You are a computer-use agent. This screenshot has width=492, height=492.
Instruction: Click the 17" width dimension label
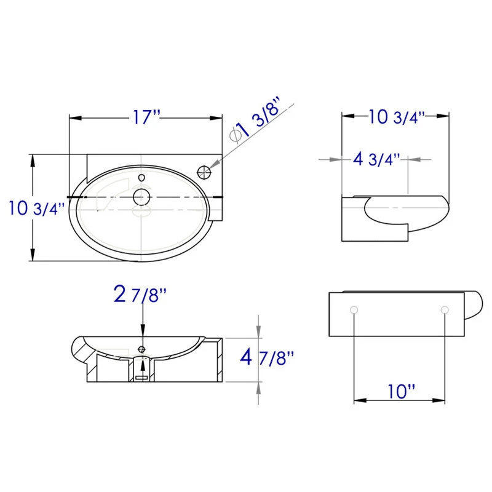pos(146,117)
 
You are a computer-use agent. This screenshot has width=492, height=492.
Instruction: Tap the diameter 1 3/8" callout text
pos(255,121)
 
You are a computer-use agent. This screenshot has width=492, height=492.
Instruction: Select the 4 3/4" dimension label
pos(376,159)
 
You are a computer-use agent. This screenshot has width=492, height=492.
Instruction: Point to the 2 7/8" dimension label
pos(140,294)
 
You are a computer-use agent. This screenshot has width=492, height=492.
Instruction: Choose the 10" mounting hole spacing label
pos(402,391)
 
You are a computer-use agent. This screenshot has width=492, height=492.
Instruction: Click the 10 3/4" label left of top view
pos(37,208)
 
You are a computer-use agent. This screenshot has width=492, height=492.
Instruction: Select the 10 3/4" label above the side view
pos(396,117)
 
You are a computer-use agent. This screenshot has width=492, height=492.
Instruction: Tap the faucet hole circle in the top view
pos(204,172)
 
